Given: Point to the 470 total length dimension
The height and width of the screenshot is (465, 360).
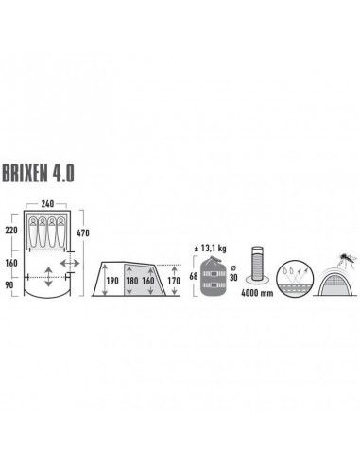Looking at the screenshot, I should [83, 232].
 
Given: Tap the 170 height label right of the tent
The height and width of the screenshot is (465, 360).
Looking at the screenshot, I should [172, 281].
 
